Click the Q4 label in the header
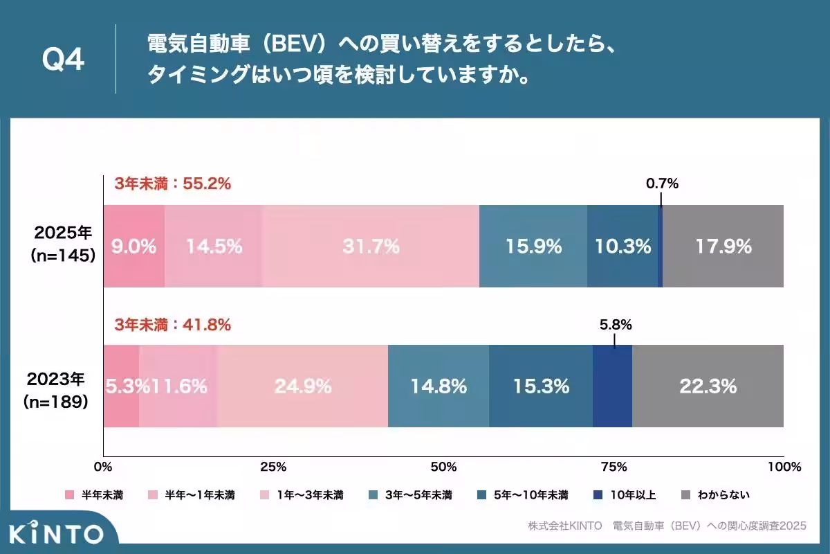click(63, 60)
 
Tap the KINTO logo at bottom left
click(57, 533)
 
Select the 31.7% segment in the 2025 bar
click(371, 246)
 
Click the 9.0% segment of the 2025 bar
click(134, 246)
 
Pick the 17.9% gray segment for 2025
click(723, 246)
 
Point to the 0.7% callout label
click(662, 184)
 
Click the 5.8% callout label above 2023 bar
click(615, 324)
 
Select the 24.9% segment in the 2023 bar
click(303, 386)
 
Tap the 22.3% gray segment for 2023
click(708, 386)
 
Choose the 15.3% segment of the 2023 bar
click(541, 386)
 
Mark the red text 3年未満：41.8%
click(172, 324)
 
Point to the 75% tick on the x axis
click(614, 467)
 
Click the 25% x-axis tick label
click(273, 467)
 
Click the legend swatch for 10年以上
click(599, 495)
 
